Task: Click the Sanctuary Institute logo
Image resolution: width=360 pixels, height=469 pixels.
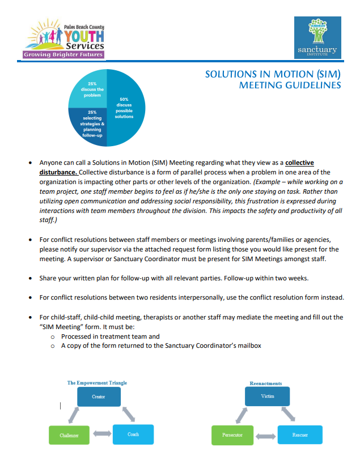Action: point(317,37)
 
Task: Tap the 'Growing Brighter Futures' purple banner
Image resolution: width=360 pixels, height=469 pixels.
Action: point(63,54)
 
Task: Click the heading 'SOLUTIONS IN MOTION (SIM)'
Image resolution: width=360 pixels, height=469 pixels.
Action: point(273,74)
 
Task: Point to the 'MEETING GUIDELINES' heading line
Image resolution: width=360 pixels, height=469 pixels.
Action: point(290,86)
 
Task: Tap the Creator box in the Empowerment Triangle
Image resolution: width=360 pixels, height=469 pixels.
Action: point(99,396)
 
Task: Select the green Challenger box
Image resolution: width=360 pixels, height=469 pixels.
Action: point(69,434)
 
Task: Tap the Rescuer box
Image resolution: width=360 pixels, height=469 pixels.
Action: point(300,434)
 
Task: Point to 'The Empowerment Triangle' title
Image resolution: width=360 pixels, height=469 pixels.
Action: point(97,383)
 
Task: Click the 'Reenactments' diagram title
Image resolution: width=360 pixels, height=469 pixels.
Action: point(266,383)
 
